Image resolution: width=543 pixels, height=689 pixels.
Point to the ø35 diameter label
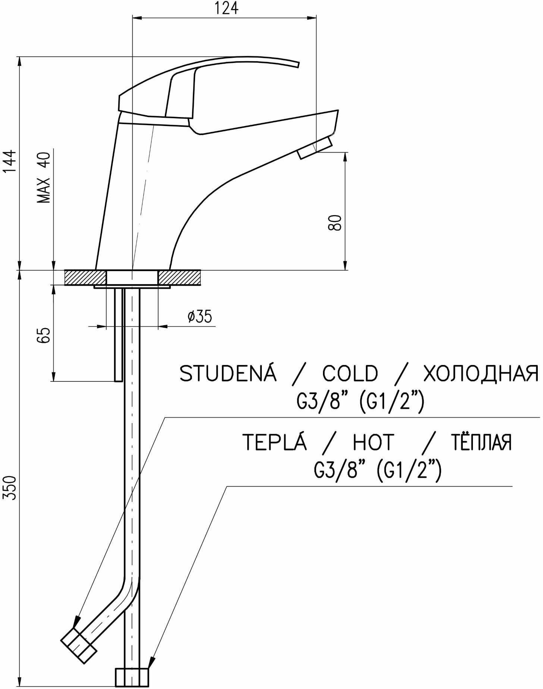pos(200,317)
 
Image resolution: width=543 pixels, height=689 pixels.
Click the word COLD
pos(350,374)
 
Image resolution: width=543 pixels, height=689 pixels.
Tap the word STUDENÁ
pos(228,373)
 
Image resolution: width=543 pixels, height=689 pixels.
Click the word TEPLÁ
pos(274,442)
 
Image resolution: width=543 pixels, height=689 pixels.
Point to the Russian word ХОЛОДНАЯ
pos(481,374)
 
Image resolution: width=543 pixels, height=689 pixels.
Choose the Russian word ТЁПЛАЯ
pos(481,442)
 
